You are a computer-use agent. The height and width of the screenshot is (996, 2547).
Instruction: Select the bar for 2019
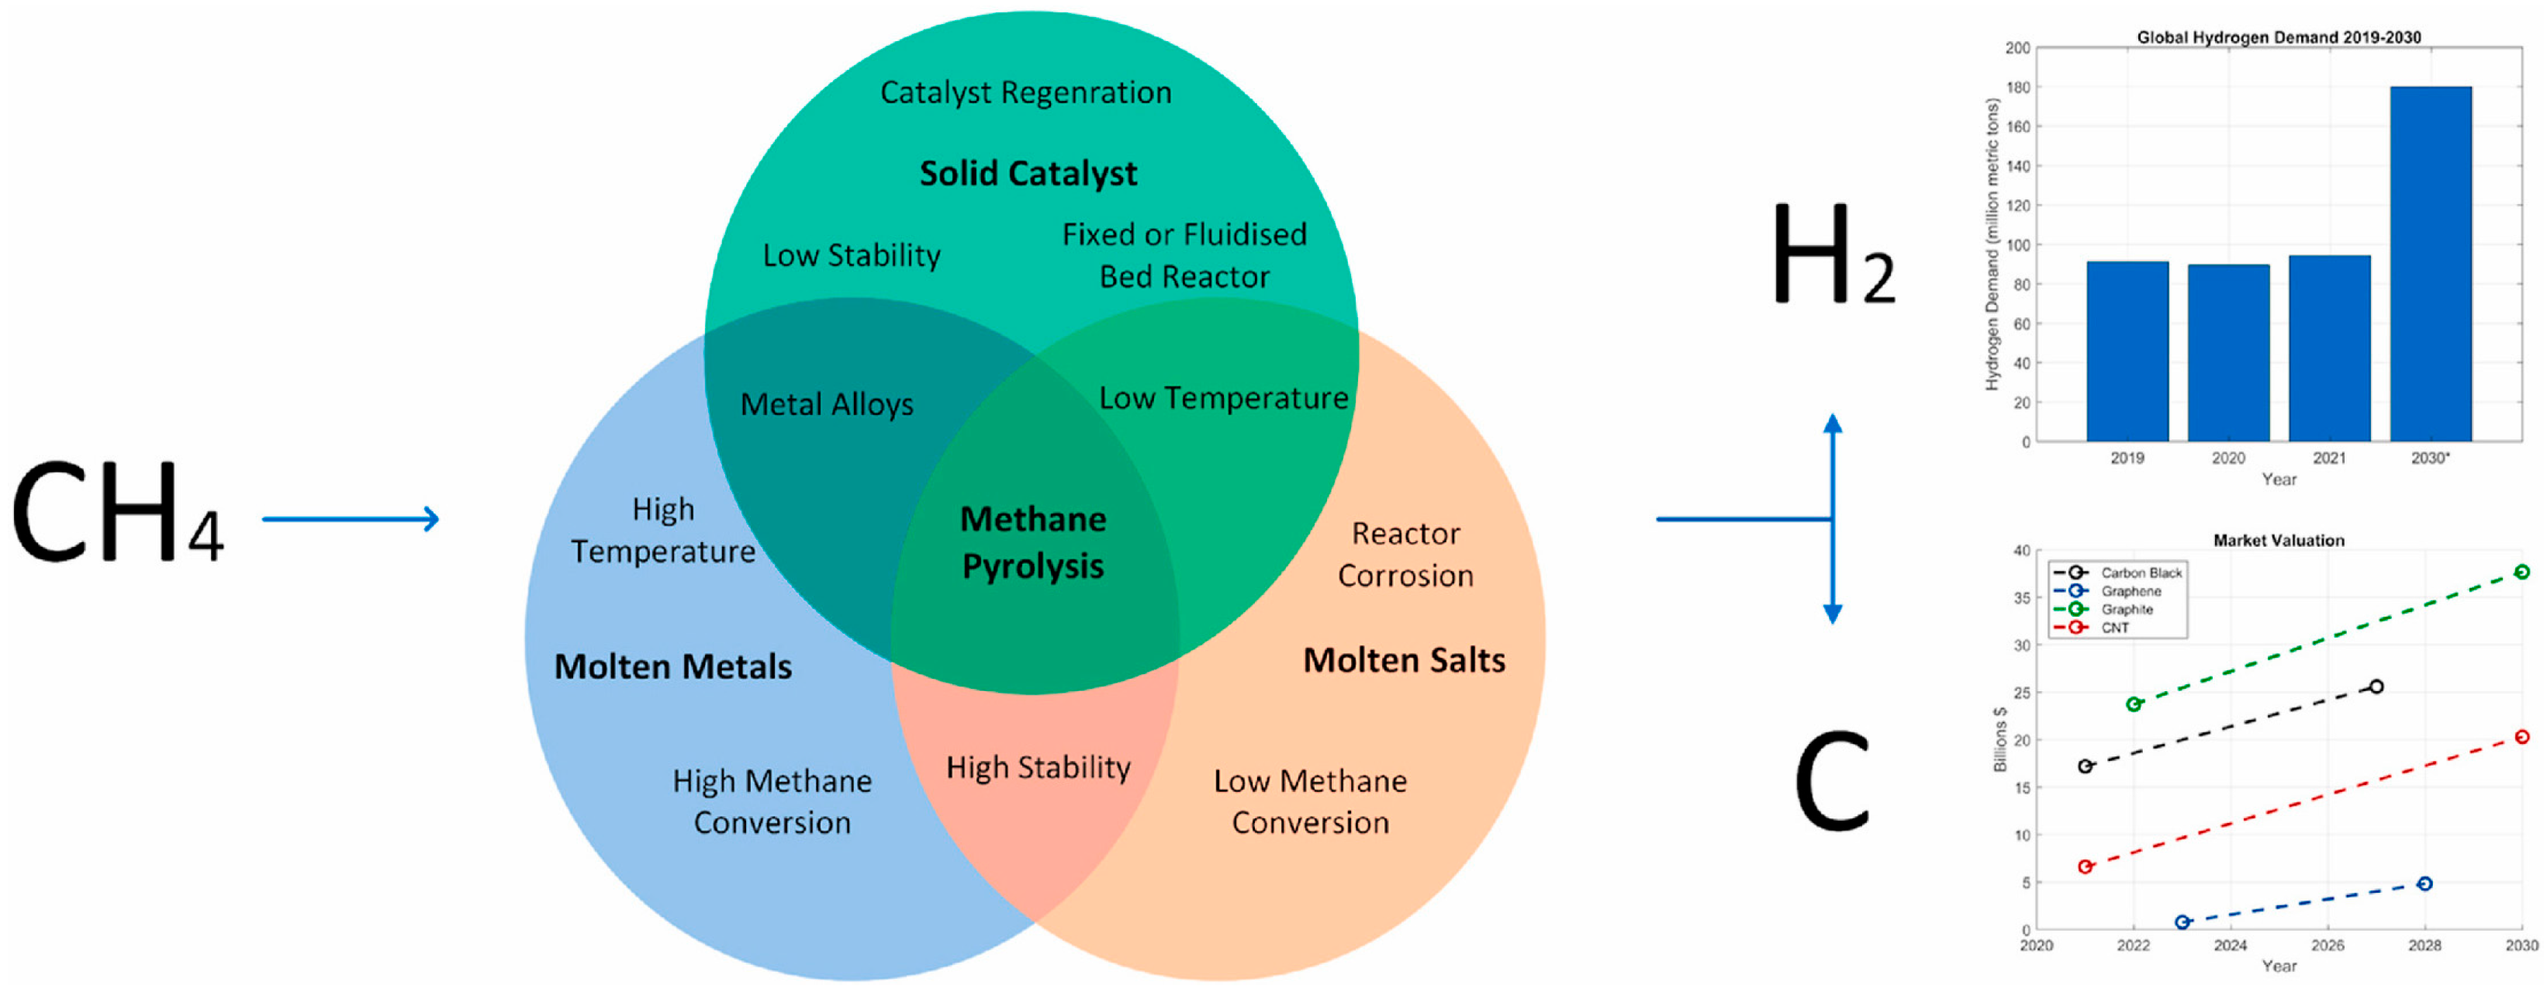tap(2127, 351)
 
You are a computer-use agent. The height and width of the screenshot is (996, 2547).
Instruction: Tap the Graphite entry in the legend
tap(2126, 609)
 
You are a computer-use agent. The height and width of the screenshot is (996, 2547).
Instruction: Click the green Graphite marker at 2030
tap(2521, 572)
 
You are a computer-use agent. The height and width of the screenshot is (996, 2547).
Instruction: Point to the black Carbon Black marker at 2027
tap(2376, 686)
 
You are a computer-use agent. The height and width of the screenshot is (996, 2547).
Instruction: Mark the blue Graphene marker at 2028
tap(2424, 884)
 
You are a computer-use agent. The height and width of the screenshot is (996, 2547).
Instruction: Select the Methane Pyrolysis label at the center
tap(1033, 542)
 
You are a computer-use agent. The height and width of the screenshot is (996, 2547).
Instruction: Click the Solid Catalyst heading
tap(1028, 173)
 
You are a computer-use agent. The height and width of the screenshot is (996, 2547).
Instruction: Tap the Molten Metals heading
tap(672, 666)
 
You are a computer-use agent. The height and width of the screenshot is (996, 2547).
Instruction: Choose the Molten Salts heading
tap(1404, 659)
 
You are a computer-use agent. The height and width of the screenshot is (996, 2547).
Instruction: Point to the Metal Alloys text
tap(827, 405)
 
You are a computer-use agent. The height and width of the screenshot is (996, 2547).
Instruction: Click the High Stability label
tap(1038, 767)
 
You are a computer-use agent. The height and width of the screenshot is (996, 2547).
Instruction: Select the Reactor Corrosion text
tap(1405, 555)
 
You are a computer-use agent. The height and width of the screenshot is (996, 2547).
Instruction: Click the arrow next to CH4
tap(351, 518)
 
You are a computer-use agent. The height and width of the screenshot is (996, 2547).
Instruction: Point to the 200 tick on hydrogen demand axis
tap(2017, 47)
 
